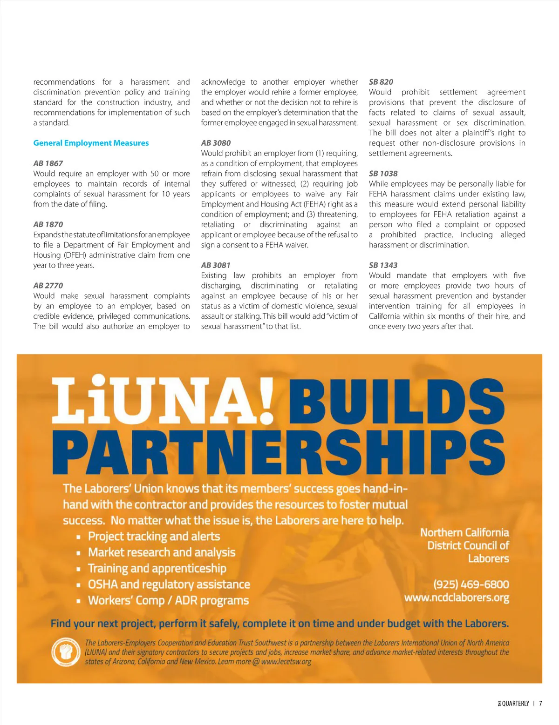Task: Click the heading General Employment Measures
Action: [91, 143]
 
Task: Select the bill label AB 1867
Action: [48, 163]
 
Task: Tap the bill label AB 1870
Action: [48, 224]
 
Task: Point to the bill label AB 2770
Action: [48, 285]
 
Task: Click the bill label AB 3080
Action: [216, 143]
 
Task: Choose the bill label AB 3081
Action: [216, 265]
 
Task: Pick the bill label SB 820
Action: [381, 82]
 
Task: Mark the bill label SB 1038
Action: [383, 174]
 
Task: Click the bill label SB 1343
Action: [383, 265]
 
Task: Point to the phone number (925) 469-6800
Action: [471, 584]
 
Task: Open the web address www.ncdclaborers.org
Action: [457, 597]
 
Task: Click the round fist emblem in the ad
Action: [66, 652]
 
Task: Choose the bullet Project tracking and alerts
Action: [154, 537]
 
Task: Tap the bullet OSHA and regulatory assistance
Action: [169, 584]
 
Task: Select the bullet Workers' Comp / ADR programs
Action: [168, 600]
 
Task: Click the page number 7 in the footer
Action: [541, 704]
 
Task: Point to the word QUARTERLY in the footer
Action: [515, 704]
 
